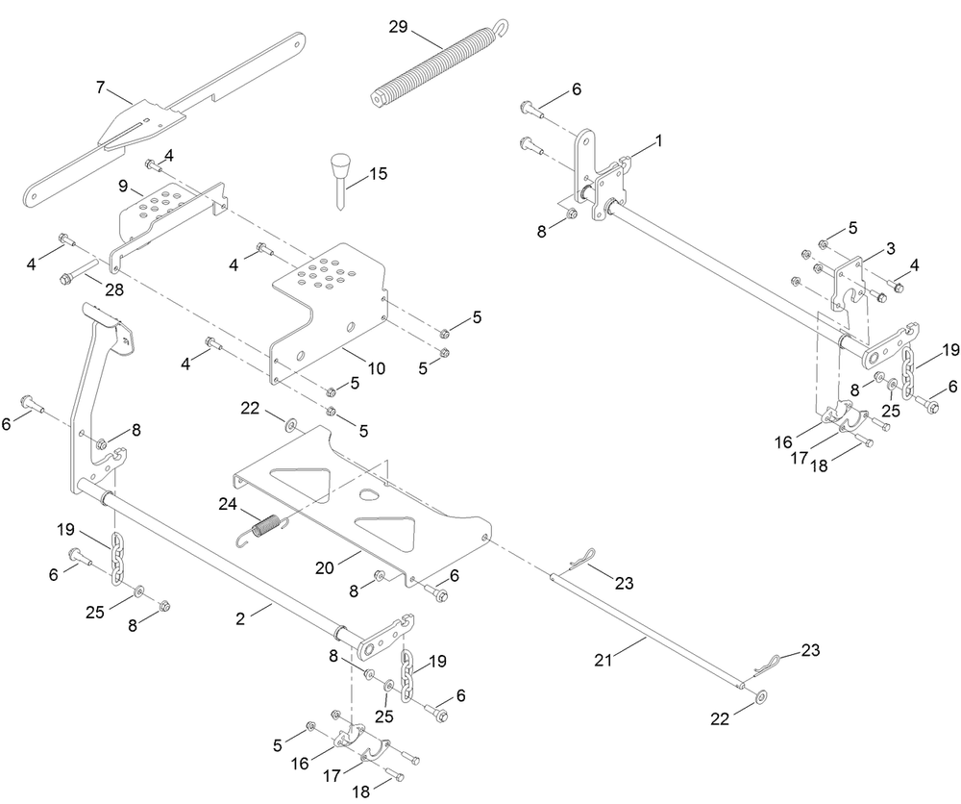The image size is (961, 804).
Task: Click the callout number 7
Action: coord(100,88)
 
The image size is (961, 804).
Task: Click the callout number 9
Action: coord(123,184)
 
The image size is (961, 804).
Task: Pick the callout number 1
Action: coord(658,140)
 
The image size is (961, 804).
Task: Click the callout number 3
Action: coord(891,248)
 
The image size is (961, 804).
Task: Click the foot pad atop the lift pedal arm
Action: coord(102,315)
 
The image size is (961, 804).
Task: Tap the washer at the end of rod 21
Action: coord(761,695)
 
